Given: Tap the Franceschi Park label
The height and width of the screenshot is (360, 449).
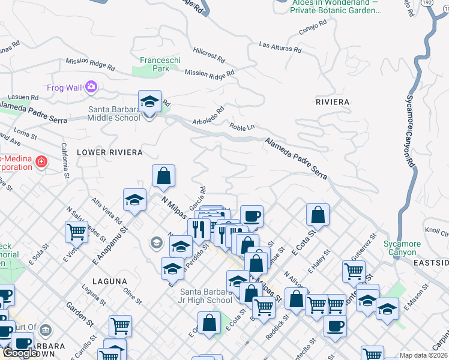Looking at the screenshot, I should click(x=154, y=64).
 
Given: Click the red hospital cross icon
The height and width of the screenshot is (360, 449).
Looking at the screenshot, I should click(x=41, y=162).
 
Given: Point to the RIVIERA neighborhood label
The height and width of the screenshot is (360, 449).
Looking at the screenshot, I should click(x=332, y=102).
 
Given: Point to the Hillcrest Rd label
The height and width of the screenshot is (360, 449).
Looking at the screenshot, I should click(x=209, y=56).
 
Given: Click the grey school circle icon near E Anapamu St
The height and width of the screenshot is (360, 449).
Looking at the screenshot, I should click(x=156, y=242).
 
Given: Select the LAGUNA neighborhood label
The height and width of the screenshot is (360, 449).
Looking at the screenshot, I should click(x=110, y=281).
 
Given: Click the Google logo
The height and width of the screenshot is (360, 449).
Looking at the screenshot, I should click(x=20, y=353).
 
